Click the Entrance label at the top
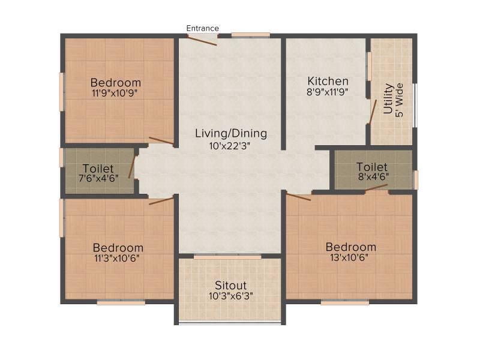203,28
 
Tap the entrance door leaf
202,41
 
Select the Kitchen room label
328,81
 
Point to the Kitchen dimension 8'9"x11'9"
328,92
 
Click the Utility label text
388,98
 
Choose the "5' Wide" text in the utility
400,100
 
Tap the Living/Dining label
231,134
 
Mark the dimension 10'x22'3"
230,146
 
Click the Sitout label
231,286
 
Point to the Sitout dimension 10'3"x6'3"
231,296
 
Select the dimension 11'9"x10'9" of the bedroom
115,93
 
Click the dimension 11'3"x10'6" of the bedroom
117,258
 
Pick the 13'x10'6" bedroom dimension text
349,257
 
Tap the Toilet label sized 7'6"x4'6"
98,169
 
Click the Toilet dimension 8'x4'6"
373,176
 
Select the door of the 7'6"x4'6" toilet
131,167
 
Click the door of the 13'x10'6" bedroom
299,196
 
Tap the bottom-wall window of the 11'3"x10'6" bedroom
121,302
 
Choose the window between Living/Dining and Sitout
227,257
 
